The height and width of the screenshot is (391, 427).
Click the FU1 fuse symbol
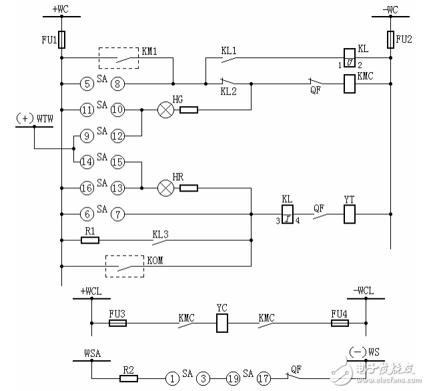pyautogui.click(x=62, y=40)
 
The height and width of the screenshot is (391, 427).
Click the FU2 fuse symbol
pyautogui.click(x=391, y=40)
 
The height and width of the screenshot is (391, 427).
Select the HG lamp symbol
pyautogui.click(x=165, y=109)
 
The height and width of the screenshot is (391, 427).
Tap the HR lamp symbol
pyautogui.click(x=165, y=188)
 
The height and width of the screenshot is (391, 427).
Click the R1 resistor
pyautogui.click(x=90, y=239)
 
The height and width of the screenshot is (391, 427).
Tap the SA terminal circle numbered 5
pyautogui.click(x=87, y=84)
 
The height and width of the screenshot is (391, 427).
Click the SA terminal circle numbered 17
pyautogui.click(x=265, y=378)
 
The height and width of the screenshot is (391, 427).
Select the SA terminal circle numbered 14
pyautogui.click(x=87, y=162)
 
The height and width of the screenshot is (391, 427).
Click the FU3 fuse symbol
pyautogui.click(x=118, y=324)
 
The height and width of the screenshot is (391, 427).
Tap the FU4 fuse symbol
pyautogui.click(x=340, y=324)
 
